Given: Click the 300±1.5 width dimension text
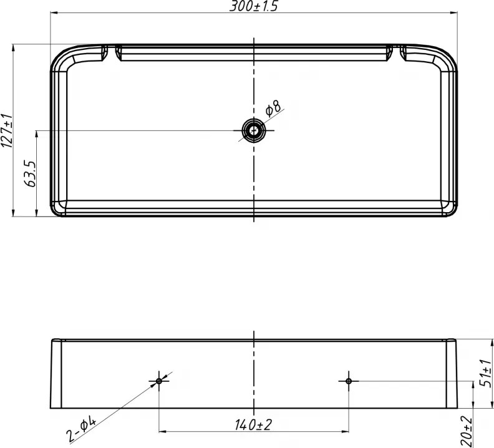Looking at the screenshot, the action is coord(254,6).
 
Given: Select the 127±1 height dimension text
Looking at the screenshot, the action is coord(7,130).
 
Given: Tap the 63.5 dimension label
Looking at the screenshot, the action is coord(31,173).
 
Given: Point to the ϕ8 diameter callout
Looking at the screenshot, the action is coord(273,108).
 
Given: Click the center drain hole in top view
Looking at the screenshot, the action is coord(254,130).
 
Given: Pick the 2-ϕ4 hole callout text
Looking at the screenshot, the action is coord(81,429).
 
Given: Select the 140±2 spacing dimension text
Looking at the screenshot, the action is coord(253,425).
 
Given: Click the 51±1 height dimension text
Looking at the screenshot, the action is coord(485,373).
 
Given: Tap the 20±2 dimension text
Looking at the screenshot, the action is coord(467,431).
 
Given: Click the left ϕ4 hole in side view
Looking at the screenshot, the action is coord(159,381).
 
